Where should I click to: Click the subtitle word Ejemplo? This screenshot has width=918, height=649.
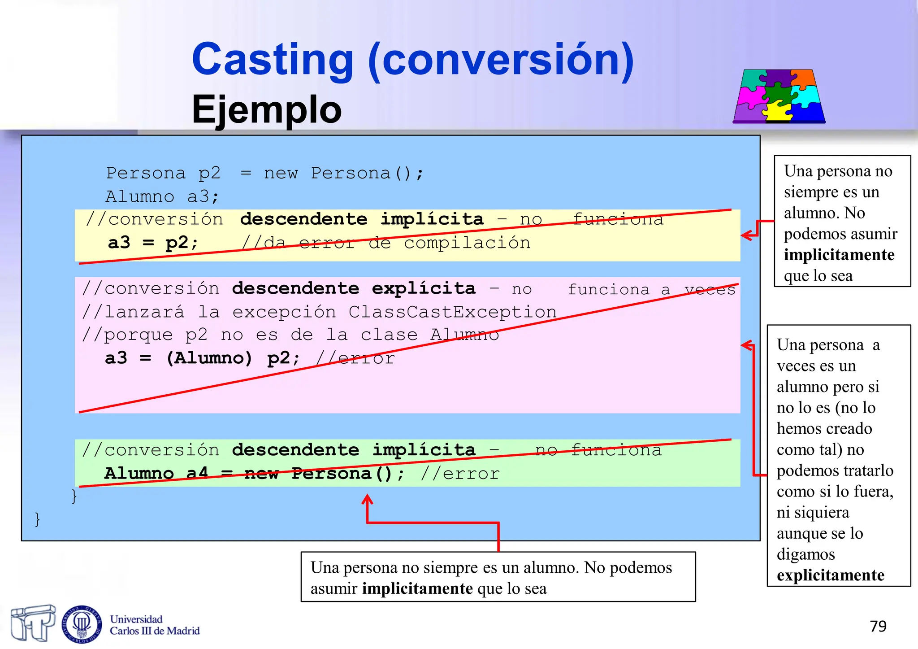[x=266, y=109]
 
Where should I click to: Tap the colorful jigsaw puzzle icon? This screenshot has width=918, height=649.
[x=779, y=96]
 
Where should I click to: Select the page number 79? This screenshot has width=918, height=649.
[x=878, y=626]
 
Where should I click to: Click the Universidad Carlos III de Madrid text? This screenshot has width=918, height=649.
[x=154, y=625]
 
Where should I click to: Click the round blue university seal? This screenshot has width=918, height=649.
[x=82, y=623]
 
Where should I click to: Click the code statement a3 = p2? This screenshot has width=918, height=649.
[x=152, y=243]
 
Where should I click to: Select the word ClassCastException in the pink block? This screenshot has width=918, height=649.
[x=452, y=312]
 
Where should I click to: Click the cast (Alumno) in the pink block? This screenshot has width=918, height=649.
[x=209, y=358]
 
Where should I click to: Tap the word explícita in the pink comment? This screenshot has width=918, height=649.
[x=423, y=288]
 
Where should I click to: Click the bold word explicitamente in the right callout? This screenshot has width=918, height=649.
[x=830, y=575]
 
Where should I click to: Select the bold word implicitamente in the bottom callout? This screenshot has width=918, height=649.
[x=417, y=588]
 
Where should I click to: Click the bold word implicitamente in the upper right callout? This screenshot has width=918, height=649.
[x=839, y=255]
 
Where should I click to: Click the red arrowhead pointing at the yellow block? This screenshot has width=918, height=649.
[x=746, y=235]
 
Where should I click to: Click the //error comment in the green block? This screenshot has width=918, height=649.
[x=460, y=474]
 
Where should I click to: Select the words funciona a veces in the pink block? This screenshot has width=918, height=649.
[x=651, y=290]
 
